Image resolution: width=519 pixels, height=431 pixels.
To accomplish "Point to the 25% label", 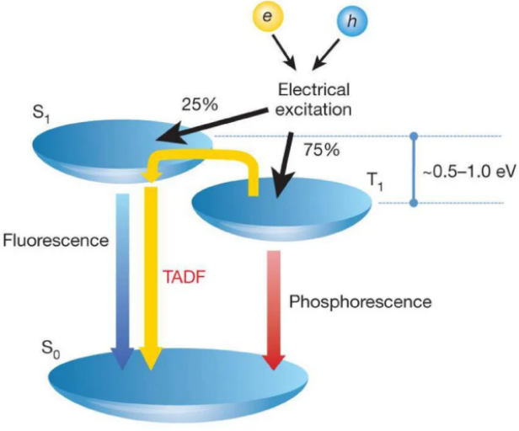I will (201, 106).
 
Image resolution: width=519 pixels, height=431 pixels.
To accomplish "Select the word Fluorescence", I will (56, 241).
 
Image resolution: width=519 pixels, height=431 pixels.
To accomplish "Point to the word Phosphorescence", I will (360, 301).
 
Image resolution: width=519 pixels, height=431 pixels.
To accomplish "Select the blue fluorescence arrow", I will (122, 278).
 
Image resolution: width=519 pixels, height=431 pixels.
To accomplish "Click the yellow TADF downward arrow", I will (151, 278).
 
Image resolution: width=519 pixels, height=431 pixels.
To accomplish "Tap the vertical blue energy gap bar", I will (413, 168).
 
